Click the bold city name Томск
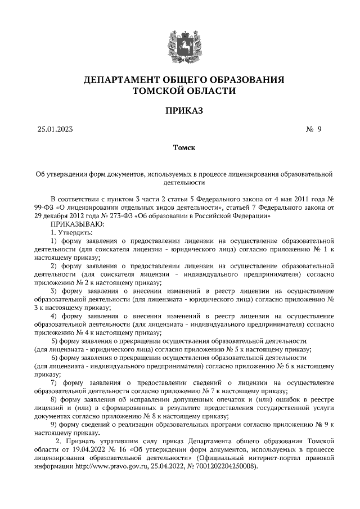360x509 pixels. (180, 148)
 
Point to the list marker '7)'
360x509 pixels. (55, 383)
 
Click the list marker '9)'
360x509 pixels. (55, 424)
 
